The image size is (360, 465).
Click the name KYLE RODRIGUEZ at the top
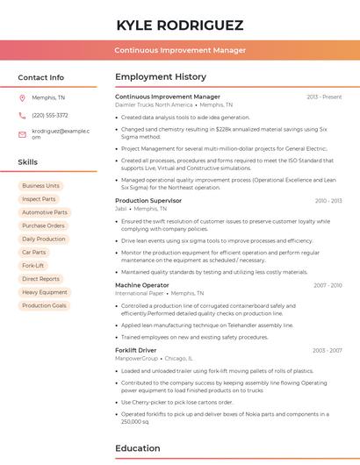point(180,25)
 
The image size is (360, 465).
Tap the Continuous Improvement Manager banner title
point(180,50)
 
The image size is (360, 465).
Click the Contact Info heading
point(41,77)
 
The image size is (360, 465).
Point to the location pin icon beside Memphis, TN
point(22,97)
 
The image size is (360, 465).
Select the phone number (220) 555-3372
point(50,115)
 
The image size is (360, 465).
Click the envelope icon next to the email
point(22,133)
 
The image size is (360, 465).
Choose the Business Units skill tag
point(40,186)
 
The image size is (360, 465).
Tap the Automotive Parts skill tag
point(44,212)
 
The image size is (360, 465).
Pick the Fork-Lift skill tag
point(33,265)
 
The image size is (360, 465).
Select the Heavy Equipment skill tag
point(44,292)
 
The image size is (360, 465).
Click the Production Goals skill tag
point(44,305)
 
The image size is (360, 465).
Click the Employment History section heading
point(161,77)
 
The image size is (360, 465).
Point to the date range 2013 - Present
point(324,97)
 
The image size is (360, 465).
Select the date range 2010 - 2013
point(328,201)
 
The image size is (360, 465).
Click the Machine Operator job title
point(142,285)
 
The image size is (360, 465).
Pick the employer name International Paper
point(139,293)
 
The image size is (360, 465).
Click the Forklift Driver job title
point(136,350)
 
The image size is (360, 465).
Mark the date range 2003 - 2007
point(328,350)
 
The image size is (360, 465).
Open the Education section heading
point(138,448)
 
